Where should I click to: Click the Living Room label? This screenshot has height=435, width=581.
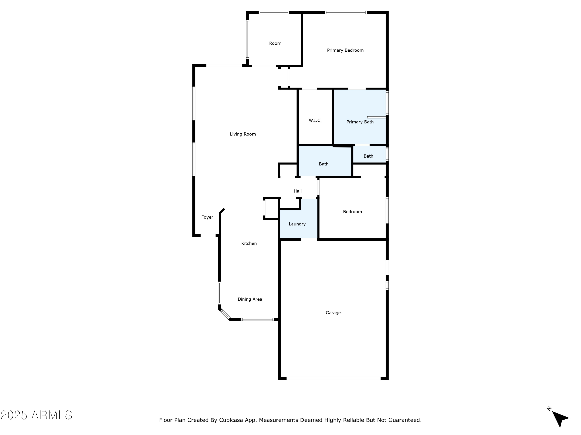tap(243, 134)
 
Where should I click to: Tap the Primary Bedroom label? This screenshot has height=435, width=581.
tap(345, 50)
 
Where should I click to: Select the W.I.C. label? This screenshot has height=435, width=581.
tap(315, 121)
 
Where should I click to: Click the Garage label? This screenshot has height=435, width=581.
tap(333, 313)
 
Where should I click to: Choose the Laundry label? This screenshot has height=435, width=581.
tap(297, 224)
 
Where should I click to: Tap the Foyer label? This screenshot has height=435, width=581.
tap(207, 217)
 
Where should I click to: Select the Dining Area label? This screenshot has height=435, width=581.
tap(250, 299)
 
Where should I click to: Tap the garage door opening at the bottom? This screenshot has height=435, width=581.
tap(333, 378)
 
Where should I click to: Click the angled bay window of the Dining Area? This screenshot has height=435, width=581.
tap(225, 314)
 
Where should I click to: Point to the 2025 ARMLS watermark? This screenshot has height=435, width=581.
tap(37, 415)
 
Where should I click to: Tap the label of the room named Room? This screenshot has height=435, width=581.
tap(275, 43)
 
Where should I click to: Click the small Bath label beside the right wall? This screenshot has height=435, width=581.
tap(368, 156)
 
